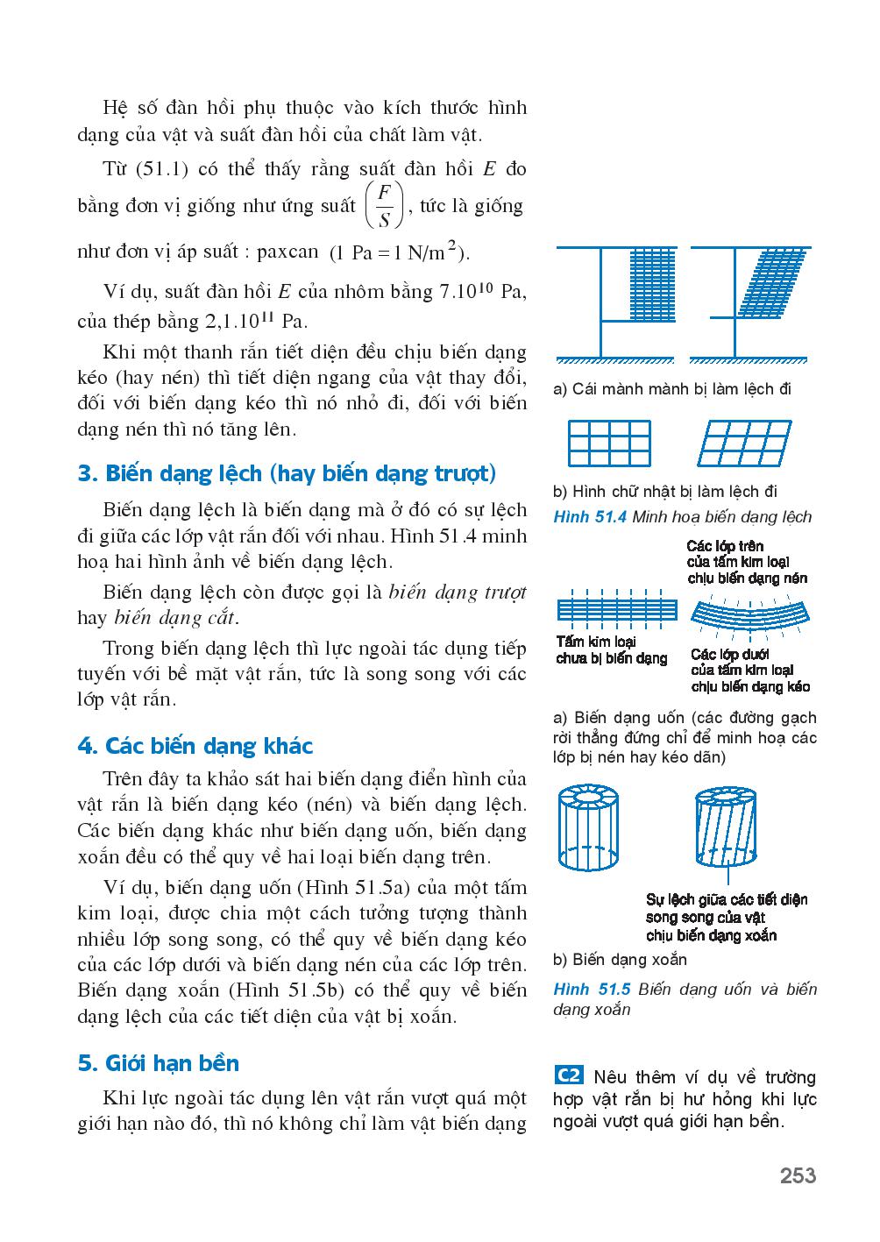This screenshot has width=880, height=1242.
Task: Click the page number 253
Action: click(x=798, y=1175)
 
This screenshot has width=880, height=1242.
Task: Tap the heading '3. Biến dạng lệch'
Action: click(x=287, y=474)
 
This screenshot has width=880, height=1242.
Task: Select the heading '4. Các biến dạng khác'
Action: click(x=195, y=746)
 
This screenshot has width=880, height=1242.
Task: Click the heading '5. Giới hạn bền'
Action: click(x=158, y=1063)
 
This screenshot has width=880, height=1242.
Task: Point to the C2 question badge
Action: click(x=569, y=1075)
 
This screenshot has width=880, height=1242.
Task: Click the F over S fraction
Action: click(x=383, y=206)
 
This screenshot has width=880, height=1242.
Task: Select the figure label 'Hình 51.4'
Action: click(x=589, y=517)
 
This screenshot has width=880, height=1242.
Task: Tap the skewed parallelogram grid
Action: click(x=745, y=444)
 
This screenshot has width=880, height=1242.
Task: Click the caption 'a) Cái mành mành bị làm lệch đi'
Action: click(x=672, y=388)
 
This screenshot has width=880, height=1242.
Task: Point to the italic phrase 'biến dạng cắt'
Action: click(x=175, y=618)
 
